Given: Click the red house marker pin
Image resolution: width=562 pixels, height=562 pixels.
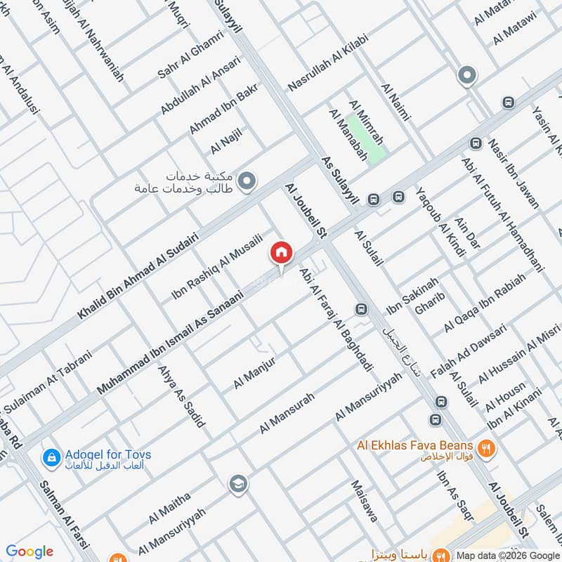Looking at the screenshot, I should pos(282,252).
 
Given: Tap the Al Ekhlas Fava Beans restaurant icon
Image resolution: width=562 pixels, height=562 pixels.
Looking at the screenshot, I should pos(485,447).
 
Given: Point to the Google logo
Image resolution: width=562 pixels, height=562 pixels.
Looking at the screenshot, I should pos(30,551).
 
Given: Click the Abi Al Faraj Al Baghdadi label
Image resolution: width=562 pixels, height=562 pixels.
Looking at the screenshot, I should pos(336,320).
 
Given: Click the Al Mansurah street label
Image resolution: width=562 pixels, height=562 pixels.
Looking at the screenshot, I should pos(287,412).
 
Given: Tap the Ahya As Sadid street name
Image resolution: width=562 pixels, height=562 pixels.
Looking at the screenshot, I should pos(182,396).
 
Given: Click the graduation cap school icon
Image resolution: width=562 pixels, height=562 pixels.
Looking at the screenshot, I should pos(237,483).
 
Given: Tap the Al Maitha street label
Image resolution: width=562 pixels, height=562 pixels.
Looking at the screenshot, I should pos(169,509).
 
